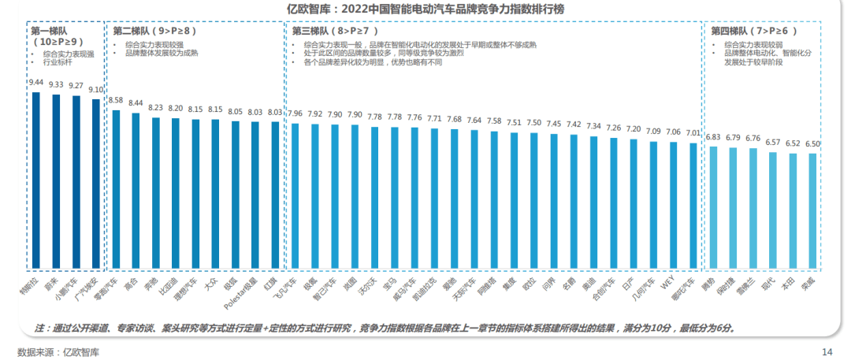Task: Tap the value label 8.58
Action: click(x=116, y=101)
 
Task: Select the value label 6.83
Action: click(x=713, y=137)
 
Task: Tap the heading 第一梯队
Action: click(x=50, y=30)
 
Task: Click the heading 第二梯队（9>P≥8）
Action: click(x=154, y=31)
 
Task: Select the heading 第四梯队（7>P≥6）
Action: click(x=754, y=31)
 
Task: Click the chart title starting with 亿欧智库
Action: click(x=425, y=9)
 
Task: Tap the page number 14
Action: click(x=827, y=351)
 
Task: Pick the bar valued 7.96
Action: click(x=295, y=196)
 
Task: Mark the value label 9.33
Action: click(x=56, y=84)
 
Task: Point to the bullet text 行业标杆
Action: click(x=58, y=61)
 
